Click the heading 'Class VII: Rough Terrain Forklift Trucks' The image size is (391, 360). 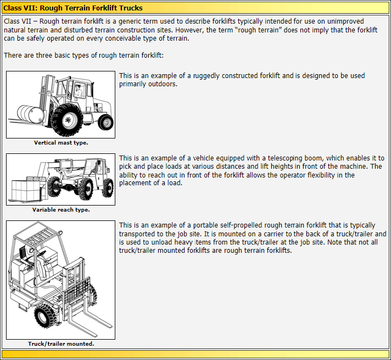point(73,8)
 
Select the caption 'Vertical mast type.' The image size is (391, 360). point(60,143)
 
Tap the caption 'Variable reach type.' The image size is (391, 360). point(60,210)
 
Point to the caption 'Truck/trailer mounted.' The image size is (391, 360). point(60,344)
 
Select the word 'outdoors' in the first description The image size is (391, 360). point(162,84)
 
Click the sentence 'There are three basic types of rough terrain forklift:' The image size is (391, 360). point(83,55)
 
